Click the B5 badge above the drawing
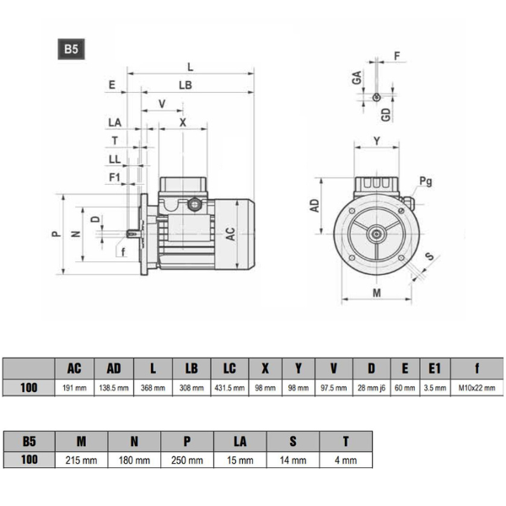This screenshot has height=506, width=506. pos(71,48)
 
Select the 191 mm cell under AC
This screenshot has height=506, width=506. pos(74,388)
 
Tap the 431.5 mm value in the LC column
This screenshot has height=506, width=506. pos(229,388)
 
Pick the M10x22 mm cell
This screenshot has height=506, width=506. pos(477,388)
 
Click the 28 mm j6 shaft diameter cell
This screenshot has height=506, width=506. pos(371,388)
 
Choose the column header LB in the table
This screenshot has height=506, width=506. pos(191,368)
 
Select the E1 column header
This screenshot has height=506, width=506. pos(434,368)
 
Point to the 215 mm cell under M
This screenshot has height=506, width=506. pos(82,460)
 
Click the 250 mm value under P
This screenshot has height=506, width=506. pos(187,460)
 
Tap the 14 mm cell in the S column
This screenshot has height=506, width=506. pos(293,460)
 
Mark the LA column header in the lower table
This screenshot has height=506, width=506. pos(240,440)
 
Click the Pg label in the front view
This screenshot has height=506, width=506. pos(426,181)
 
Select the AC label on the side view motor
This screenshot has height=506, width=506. pos(230,234)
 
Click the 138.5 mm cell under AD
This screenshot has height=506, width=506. pos(113,388)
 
